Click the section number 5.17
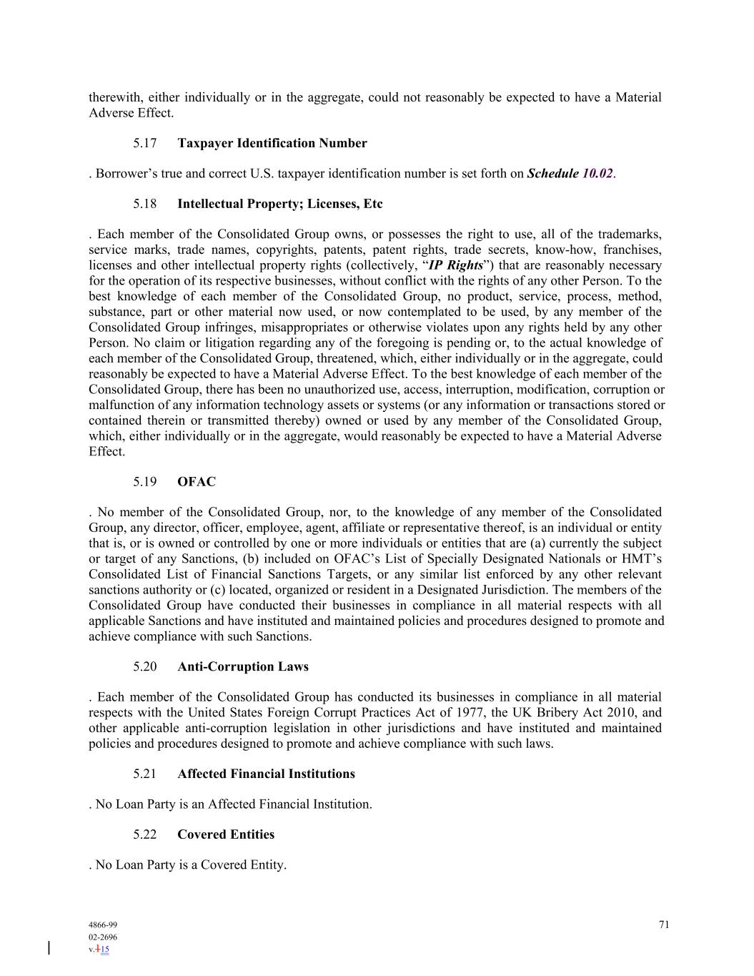[144, 144]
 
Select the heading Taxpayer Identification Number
[272, 144]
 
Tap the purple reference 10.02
[597, 174]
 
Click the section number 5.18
[144, 204]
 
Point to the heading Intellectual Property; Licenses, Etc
[279, 204]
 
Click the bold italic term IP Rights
[455, 265]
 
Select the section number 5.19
[144, 482]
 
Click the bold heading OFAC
[196, 482]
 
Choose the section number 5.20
[144, 667]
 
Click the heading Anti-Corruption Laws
[243, 667]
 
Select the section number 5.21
[144, 774]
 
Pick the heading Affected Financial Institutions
[266, 774]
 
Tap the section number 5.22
[144, 835]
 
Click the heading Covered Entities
[226, 835]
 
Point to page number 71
[664, 925]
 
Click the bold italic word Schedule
[552, 174]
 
